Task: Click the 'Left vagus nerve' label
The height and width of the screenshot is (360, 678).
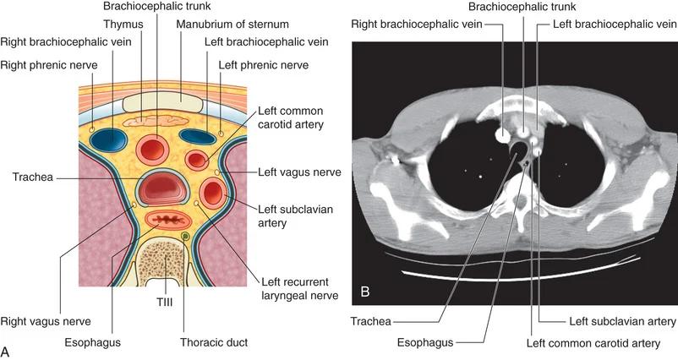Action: pos(290,172)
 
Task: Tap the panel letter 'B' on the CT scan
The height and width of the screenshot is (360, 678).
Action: pos(365,292)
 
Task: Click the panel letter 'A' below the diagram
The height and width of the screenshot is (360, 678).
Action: pos(7,349)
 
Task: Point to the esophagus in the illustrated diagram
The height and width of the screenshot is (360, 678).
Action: pos(166,221)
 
